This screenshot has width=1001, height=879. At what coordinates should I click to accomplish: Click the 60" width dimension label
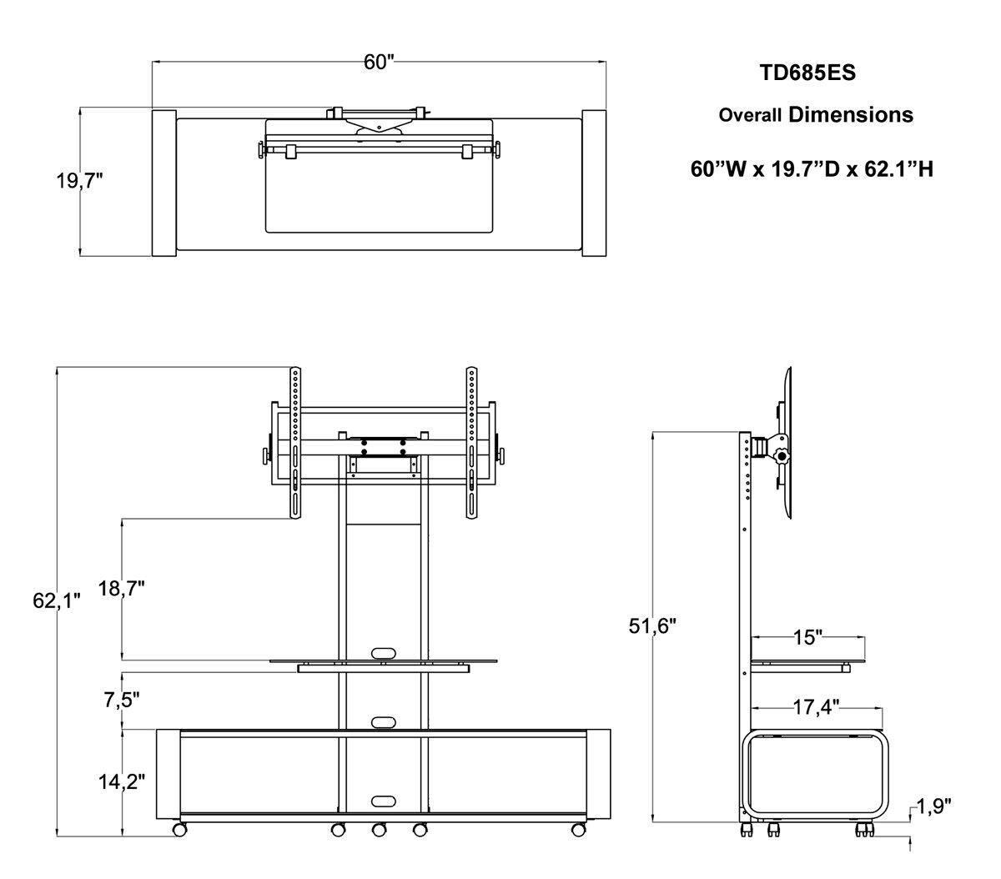click(378, 63)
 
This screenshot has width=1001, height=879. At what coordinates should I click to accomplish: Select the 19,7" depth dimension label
click(79, 181)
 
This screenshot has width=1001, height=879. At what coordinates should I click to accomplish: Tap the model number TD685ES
click(807, 73)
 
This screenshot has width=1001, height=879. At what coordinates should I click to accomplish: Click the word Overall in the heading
click(750, 115)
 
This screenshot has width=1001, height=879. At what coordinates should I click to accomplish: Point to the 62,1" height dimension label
click(57, 600)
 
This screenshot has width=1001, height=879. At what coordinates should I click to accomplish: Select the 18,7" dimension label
click(122, 589)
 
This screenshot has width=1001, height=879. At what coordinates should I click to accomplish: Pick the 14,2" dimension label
click(122, 781)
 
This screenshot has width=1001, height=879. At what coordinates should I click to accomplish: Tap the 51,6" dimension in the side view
click(651, 625)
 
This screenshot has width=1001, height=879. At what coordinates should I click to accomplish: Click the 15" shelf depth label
click(807, 638)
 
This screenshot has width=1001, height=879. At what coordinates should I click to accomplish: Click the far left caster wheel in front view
click(179, 830)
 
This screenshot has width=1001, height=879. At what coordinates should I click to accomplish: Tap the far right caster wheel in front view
click(576, 830)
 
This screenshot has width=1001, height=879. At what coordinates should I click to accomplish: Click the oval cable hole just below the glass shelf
click(384, 721)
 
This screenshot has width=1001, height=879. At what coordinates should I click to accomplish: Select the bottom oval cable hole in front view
click(384, 801)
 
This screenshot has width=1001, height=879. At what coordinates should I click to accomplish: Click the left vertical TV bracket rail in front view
click(295, 442)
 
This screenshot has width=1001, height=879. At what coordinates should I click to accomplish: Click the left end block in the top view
click(163, 183)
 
